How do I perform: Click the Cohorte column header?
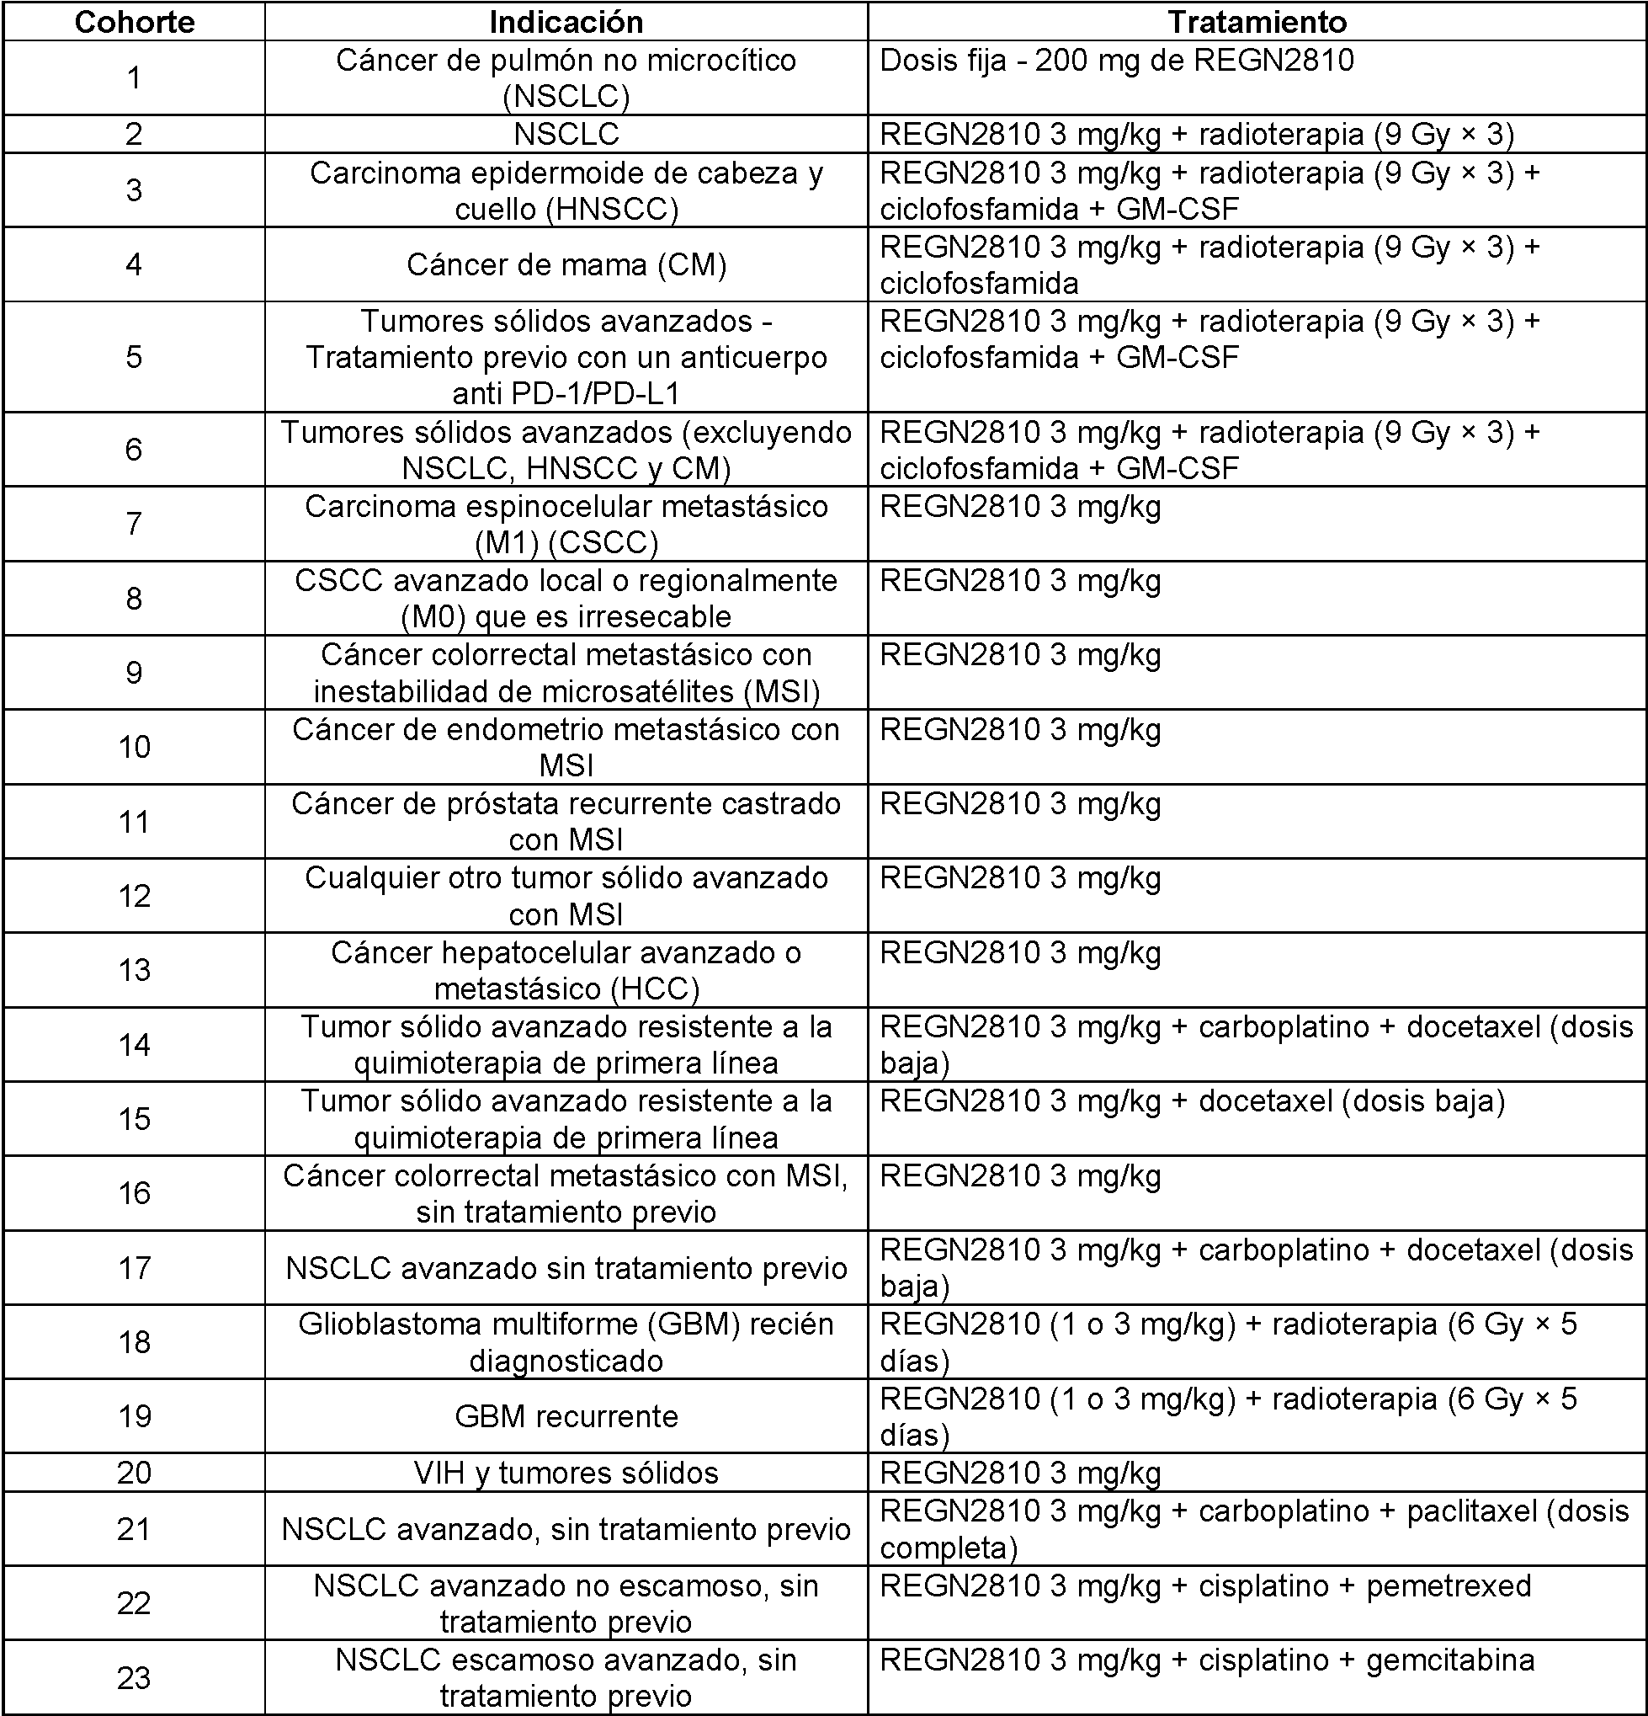[x=134, y=22]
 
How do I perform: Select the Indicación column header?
[x=566, y=22]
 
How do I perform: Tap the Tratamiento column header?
[x=1257, y=22]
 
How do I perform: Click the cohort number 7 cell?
[x=134, y=524]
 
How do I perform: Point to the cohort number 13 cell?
[x=134, y=970]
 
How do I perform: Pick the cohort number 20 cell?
[x=134, y=1473]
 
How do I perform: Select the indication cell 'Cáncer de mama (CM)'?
[x=566, y=264]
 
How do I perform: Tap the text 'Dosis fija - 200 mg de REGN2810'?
[x=1117, y=61]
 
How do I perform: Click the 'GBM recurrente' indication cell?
[x=566, y=1416]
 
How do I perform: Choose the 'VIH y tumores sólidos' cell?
[x=566, y=1473]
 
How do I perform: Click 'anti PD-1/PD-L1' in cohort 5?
[x=566, y=394]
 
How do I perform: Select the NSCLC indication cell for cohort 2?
[x=566, y=134]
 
